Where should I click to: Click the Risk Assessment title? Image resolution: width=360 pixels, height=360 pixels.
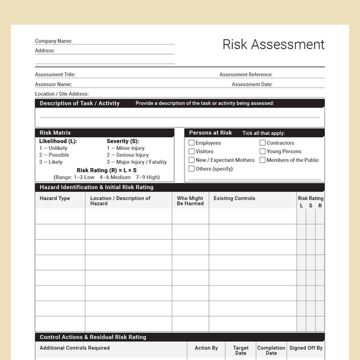(274, 45)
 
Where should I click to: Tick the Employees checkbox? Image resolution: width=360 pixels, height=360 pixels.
(192, 143)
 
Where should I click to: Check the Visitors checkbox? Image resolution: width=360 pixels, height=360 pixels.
(192, 152)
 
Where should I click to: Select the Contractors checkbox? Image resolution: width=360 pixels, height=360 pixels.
(263, 143)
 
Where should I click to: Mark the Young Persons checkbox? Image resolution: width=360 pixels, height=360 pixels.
(263, 152)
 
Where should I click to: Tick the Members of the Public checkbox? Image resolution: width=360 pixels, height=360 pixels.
(263, 160)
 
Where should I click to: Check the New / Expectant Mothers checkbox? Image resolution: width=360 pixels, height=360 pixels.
(192, 160)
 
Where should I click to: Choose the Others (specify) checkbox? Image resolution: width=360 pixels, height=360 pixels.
(192, 169)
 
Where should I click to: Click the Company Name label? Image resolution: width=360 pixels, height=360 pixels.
(53, 41)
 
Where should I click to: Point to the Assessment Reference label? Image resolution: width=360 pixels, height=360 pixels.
(246, 75)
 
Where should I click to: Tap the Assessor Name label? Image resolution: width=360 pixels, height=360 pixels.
(53, 84)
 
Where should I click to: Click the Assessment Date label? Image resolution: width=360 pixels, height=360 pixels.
(252, 84)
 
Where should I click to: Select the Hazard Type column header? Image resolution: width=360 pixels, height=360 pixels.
(55, 199)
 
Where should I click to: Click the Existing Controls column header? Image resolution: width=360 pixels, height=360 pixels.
(234, 199)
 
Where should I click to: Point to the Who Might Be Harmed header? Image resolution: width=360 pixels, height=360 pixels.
(190, 201)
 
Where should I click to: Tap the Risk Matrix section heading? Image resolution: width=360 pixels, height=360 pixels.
(55, 133)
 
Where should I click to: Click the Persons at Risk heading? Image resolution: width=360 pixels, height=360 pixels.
(211, 133)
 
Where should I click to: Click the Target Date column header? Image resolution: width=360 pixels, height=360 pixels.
(240, 351)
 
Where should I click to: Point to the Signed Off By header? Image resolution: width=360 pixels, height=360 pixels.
(306, 349)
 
